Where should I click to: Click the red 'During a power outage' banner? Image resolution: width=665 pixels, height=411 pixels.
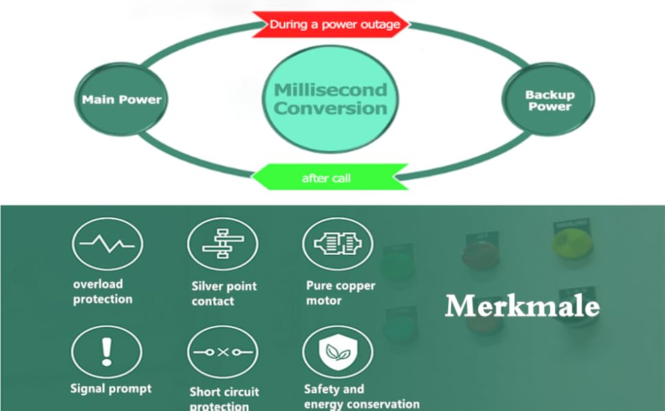[330, 25]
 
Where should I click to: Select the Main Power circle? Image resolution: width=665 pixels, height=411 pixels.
[121, 99]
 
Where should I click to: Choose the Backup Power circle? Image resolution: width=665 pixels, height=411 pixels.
[550, 100]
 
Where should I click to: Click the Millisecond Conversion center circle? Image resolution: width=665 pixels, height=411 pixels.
[331, 99]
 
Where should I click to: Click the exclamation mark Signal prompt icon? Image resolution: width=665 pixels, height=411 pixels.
[106, 351]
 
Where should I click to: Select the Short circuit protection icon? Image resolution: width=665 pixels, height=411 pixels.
[222, 352]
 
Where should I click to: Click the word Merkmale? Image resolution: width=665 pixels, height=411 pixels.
[522, 306]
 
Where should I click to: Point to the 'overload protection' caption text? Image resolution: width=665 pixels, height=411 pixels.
[103, 291]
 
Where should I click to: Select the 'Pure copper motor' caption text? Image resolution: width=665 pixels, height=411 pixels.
[340, 292]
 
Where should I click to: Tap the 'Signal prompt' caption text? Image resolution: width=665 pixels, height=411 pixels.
[110, 388]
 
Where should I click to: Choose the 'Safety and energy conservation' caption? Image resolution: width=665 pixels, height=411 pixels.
[361, 397]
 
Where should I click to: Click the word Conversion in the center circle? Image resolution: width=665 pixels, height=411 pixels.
[331, 108]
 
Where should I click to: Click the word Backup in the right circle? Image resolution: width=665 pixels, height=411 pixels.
[550, 95]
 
